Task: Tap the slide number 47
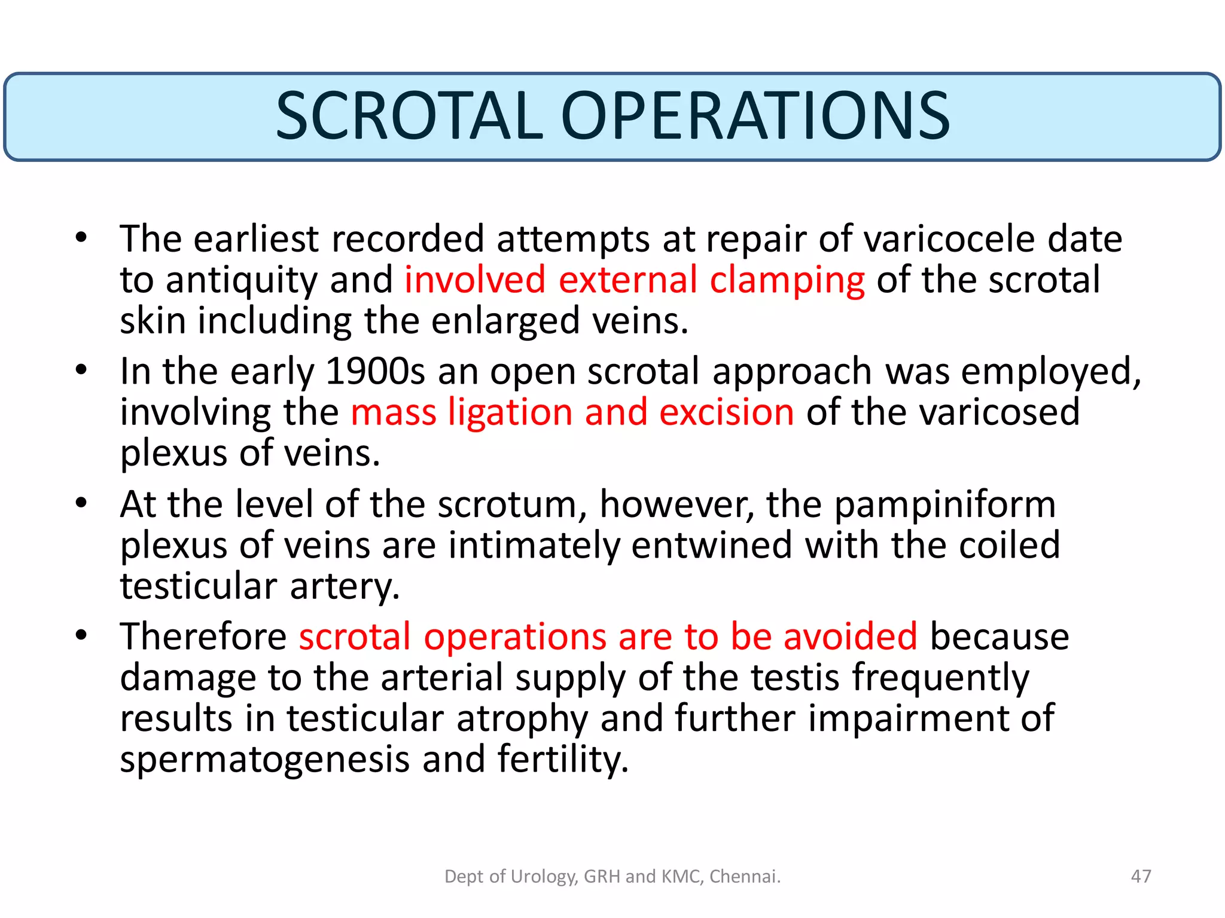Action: point(1141,876)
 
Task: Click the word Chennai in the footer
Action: point(743,876)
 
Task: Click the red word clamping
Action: point(787,280)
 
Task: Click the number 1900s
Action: point(375,372)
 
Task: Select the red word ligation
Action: point(510,412)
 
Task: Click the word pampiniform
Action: point(944,505)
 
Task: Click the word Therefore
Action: point(203,637)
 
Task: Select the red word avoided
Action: point(850,637)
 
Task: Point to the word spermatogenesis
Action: point(264,760)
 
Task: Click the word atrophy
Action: point(522,719)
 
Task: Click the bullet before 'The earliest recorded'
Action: point(81,238)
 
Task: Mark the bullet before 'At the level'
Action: point(81,503)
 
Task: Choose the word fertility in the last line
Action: point(563,760)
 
